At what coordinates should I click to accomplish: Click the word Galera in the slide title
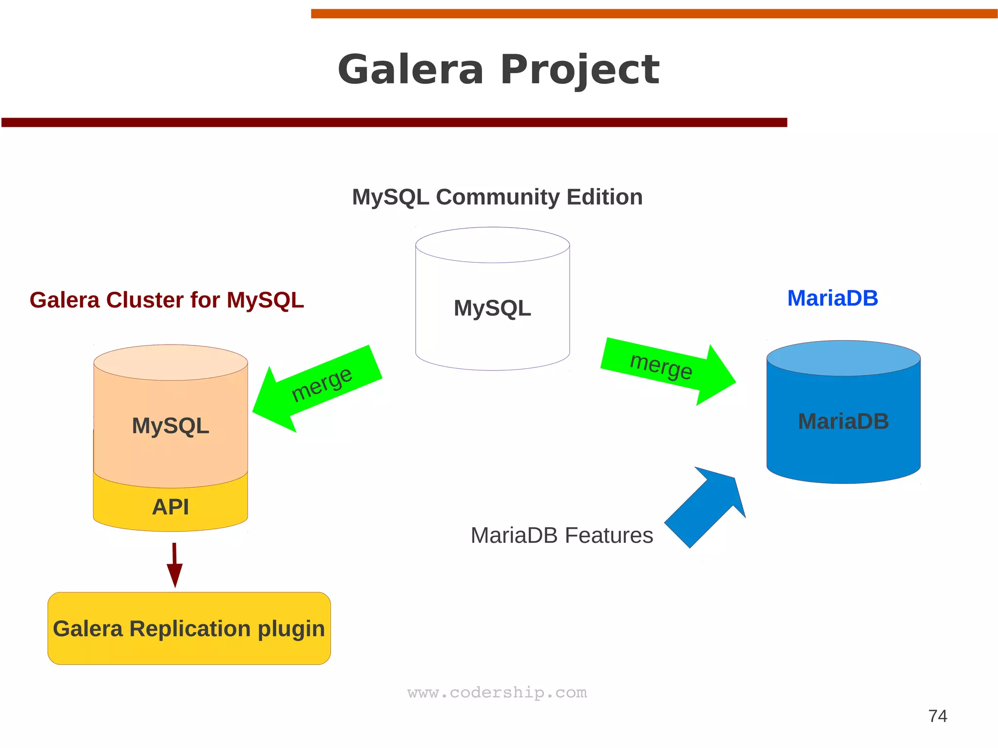[x=410, y=70]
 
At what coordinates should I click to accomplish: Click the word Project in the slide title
[x=579, y=70]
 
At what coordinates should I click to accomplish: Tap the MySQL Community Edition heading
[x=497, y=197]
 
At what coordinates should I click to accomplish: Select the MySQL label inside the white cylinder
[x=492, y=308]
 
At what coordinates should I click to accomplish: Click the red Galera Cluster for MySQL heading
[x=167, y=300]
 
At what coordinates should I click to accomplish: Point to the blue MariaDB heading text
[x=832, y=298]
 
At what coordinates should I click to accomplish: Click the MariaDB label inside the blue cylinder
[x=843, y=421]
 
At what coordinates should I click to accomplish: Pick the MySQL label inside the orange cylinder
[x=171, y=425]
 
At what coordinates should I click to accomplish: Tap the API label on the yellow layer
[x=171, y=507]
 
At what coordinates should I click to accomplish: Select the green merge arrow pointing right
[x=668, y=370]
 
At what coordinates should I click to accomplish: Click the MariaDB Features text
[x=561, y=535]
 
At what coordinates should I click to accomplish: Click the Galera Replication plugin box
[x=189, y=628]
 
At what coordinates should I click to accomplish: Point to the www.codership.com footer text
[x=497, y=692]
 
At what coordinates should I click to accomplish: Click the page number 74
[x=938, y=716]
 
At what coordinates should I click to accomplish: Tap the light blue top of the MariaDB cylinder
[x=843, y=358]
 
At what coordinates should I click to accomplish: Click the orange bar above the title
[x=653, y=14]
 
